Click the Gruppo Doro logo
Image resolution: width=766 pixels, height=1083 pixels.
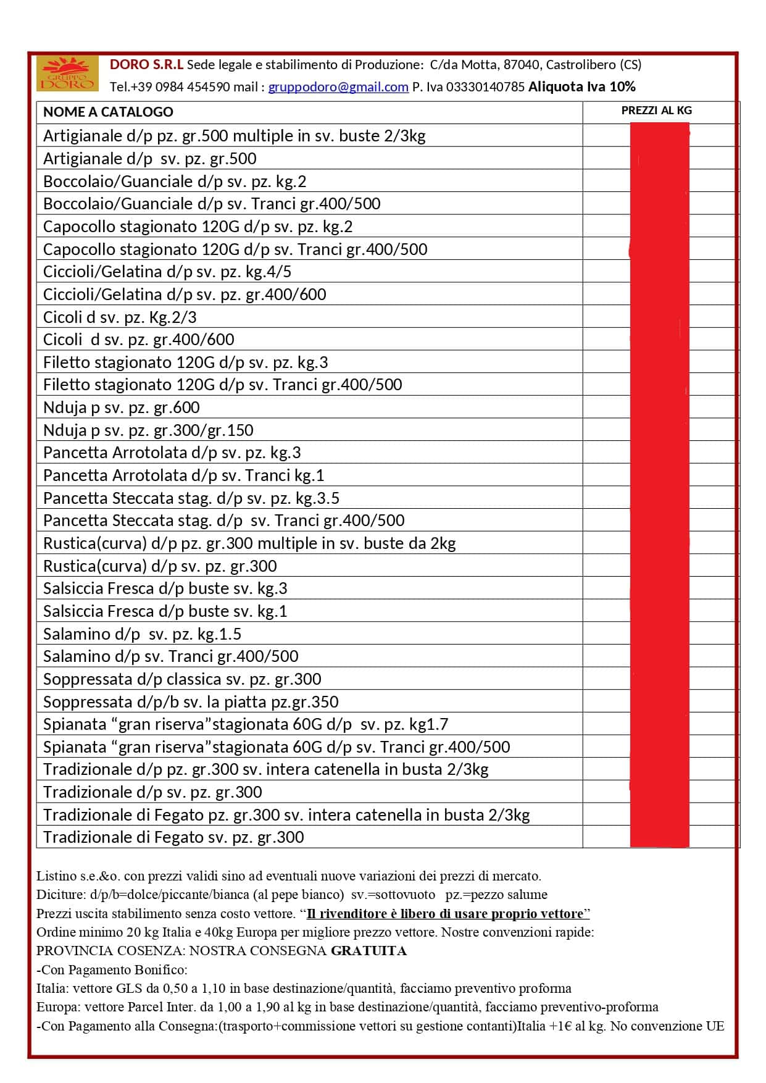[x=67, y=74]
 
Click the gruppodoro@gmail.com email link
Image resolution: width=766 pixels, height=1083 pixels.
[x=338, y=87]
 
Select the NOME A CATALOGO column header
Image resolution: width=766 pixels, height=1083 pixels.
[x=108, y=112]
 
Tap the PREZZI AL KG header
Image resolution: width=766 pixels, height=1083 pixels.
[x=656, y=111]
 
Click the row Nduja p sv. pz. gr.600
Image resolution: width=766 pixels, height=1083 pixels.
[x=122, y=408]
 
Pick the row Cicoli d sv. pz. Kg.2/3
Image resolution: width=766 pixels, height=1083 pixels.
[x=120, y=317]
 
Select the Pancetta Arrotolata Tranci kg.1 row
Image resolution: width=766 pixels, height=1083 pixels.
[x=183, y=475]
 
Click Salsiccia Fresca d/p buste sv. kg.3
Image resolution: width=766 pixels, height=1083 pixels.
[x=165, y=588]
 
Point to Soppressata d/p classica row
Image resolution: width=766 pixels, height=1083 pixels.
[x=182, y=679]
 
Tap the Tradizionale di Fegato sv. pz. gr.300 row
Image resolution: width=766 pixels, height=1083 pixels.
[x=173, y=837]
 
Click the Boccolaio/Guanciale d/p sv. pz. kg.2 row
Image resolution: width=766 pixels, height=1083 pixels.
[x=175, y=182]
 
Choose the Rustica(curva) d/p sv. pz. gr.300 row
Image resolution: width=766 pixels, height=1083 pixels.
[x=160, y=566]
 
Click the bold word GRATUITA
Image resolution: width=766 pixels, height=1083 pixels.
[x=368, y=951]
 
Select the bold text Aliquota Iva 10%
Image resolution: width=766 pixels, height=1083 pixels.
[x=581, y=87]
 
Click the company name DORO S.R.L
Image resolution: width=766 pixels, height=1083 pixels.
[x=146, y=65]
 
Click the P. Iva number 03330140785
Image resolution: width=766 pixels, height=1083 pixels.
[x=485, y=87]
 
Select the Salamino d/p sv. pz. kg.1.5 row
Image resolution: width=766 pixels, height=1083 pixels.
[x=142, y=634]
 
